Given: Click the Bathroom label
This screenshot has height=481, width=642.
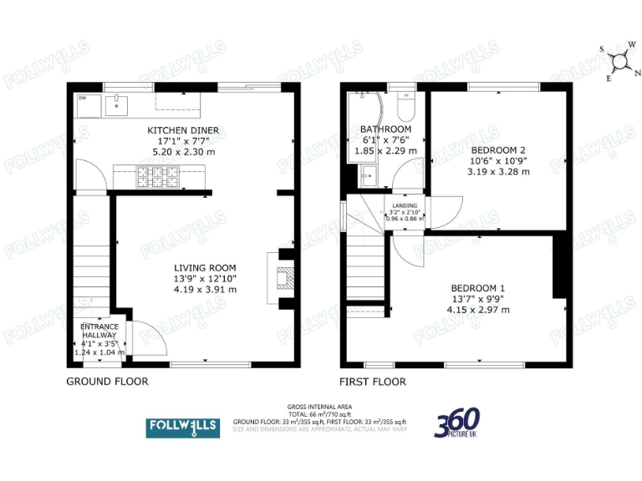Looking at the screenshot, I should (x=385, y=129).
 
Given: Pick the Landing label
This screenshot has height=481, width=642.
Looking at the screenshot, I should (x=403, y=205).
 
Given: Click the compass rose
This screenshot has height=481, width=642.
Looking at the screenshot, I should (x=620, y=60).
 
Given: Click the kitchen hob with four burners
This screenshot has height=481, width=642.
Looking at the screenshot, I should (x=159, y=176).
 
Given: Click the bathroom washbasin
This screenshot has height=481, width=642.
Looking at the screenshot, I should (x=366, y=176).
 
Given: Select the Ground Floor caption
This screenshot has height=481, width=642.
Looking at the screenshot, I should (x=107, y=382).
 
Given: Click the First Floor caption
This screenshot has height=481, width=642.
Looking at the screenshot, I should (x=373, y=382).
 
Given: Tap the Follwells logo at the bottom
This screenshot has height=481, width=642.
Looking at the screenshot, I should (x=183, y=428).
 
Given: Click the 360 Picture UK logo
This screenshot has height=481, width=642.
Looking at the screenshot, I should (x=456, y=423).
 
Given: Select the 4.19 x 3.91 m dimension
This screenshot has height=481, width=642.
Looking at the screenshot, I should (x=205, y=290).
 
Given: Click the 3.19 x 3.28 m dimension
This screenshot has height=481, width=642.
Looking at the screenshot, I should (x=498, y=172).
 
